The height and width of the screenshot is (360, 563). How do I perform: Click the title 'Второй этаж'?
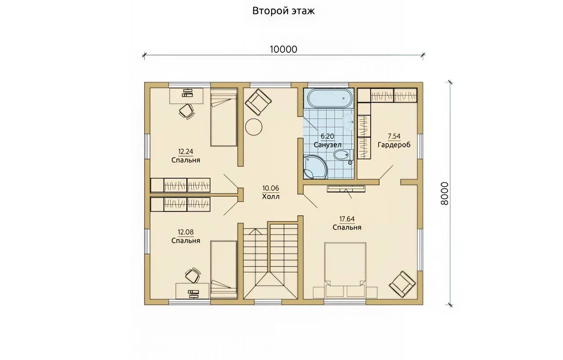click(x=283, y=11)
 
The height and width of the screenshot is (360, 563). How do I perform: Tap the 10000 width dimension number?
click(x=284, y=50)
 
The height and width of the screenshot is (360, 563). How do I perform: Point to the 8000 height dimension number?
click(x=445, y=193)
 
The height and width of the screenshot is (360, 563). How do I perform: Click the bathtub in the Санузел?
click(x=329, y=98)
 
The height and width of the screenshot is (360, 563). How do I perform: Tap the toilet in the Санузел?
click(x=344, y=155)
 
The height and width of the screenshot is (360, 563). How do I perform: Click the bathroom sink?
click(x=348, y=122)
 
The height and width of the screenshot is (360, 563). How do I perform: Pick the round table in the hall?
click(x=254, y=127)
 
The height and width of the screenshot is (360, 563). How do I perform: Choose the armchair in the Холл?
click(x=258, y=102)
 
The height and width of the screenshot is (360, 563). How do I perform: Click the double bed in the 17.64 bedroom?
click(x=345, y=270)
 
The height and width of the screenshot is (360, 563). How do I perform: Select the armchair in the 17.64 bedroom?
click(x=402, y=284)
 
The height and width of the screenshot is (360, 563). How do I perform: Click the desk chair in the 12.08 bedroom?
click(x=193, y=275)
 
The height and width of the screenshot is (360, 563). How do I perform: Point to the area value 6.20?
click(x=327, y=136)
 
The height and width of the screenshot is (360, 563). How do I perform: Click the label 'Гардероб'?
click(x=394, y=145)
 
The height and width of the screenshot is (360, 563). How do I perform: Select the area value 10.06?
click(x=271, y=188)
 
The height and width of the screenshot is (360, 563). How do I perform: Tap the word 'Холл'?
click(x=271, y=196)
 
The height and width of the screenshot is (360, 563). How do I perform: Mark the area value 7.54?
click(x=394, y=136)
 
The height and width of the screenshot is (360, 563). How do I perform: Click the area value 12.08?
click(x=186, y=232)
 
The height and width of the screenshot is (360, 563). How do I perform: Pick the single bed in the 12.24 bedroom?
click(x=224, y=117)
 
